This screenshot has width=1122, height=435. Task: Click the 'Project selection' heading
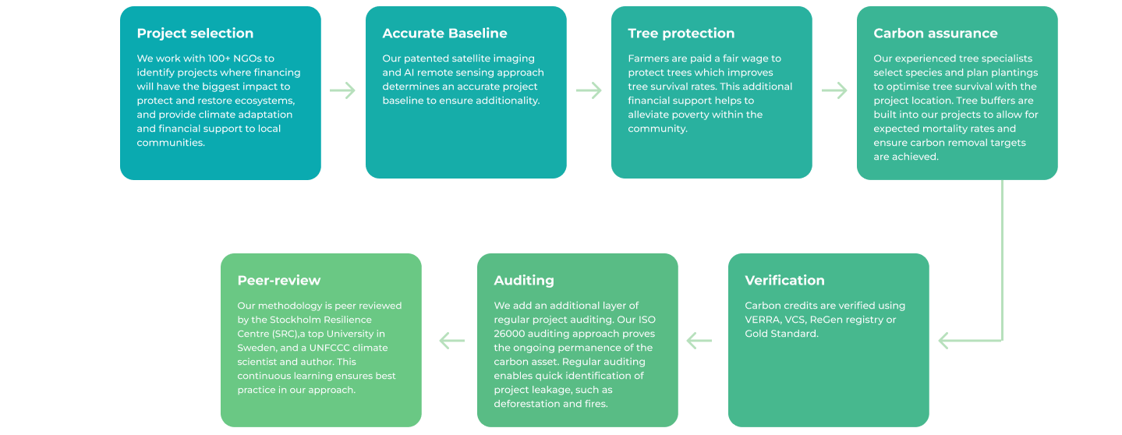pos(195,34)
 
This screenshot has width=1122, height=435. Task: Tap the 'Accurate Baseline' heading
pos(444,33)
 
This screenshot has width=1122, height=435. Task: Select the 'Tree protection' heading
pos(681,34)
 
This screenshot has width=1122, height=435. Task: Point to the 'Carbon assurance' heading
pos(936,33)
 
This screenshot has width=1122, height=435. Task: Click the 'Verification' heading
pos(784,281)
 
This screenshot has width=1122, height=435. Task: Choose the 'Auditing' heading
pos(524,281)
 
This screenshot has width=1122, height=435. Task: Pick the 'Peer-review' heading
pos(279,281)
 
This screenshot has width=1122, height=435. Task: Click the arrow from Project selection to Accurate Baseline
pos(342,90)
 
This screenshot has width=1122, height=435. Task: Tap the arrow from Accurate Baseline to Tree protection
pos(589,90)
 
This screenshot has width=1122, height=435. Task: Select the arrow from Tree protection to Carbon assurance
pos(834,90)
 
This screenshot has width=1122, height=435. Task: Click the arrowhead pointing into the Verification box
pos(943,341)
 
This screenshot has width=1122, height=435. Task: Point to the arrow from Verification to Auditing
pos(699,341)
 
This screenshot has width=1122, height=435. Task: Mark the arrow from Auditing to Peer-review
pos(452,341)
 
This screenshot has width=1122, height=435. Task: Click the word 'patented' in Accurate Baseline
pos(427,59)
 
